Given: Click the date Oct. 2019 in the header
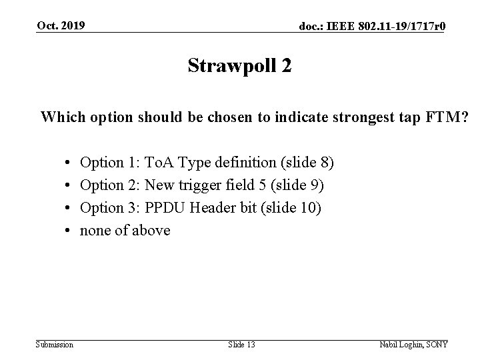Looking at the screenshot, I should click(x=61, y=25).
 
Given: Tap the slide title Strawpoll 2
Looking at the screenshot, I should click(x=239, y=66).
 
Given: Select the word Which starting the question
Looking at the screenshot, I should click(x=60, y=118).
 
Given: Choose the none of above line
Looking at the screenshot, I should click(x=125, y=231).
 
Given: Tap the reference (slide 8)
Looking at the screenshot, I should click(x=304, y=162).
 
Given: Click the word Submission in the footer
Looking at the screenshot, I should click(x=55, y=344).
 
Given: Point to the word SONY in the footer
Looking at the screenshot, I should click(x=437, y=344).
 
